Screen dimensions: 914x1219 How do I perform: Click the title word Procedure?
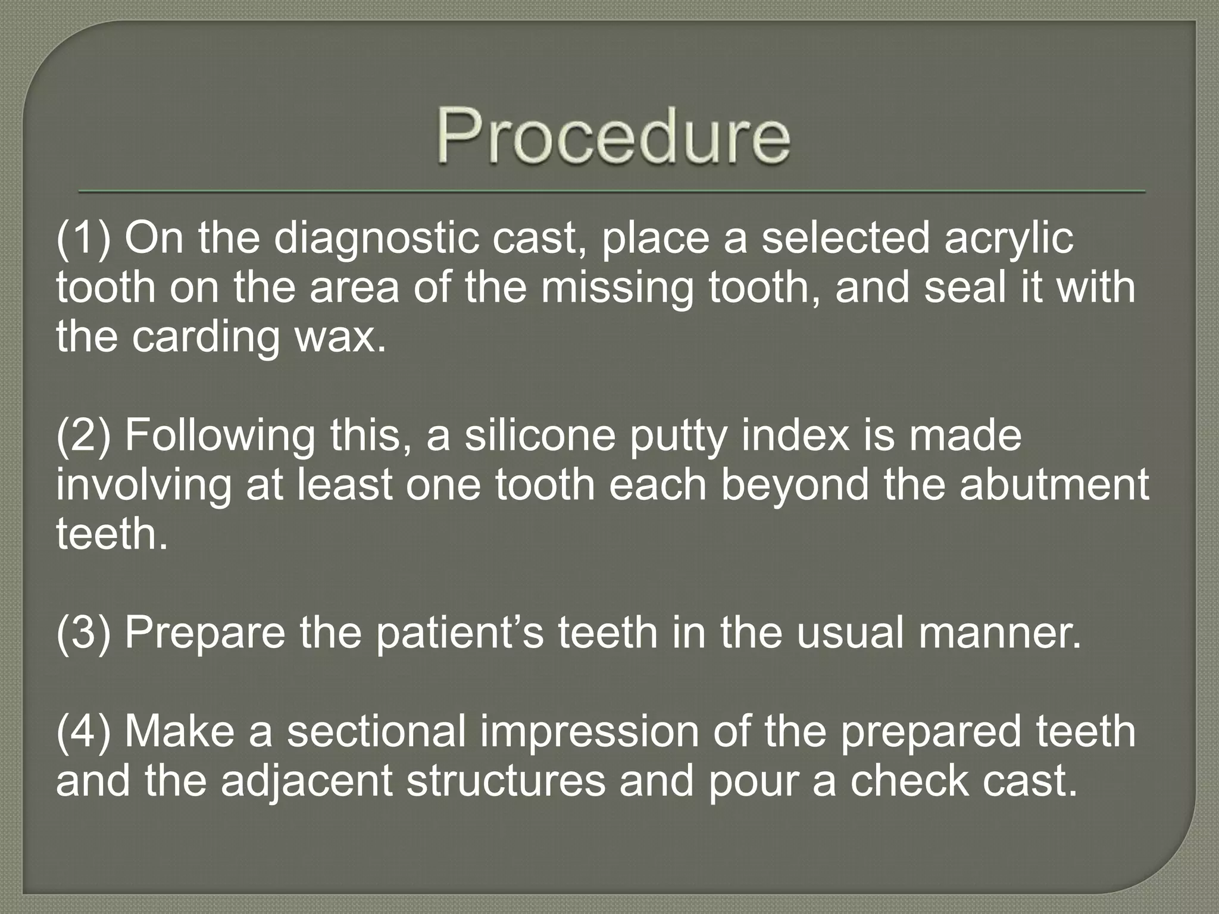click(613, 136)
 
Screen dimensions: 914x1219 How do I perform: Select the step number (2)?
click(83, 436)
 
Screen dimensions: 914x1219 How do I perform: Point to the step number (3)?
click(83, 632)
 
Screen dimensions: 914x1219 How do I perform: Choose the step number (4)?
click(83, 732)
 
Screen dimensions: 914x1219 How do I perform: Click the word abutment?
click(1054, 486)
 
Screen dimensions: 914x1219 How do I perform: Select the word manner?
click(1000, 633)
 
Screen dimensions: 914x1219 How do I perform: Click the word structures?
click(506, 781)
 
